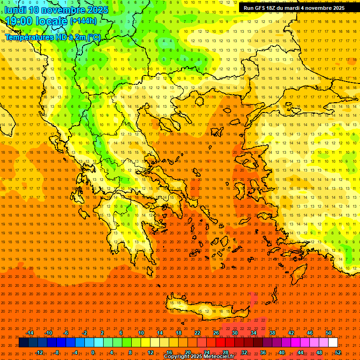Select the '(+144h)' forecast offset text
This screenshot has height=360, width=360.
pos(83,21)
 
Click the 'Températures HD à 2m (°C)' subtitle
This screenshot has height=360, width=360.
pos(53,37)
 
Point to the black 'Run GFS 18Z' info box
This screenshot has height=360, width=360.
pos(294,8)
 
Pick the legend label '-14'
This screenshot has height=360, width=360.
pos(30,333)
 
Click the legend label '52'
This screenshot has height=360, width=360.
pos(338,352)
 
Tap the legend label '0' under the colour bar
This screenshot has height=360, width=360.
pos(93,352)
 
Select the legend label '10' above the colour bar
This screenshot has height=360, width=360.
pos(141,333)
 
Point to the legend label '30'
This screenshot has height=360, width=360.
pos(235,333)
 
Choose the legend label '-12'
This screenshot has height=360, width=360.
pos(39,352)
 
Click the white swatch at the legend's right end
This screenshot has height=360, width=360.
pos(333,343)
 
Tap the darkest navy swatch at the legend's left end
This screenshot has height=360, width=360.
pos(23,343)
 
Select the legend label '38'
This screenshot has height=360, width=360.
pos(272,333)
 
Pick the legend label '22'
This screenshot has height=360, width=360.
pos(197,333)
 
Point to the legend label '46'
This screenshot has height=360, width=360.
pos(310,333)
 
